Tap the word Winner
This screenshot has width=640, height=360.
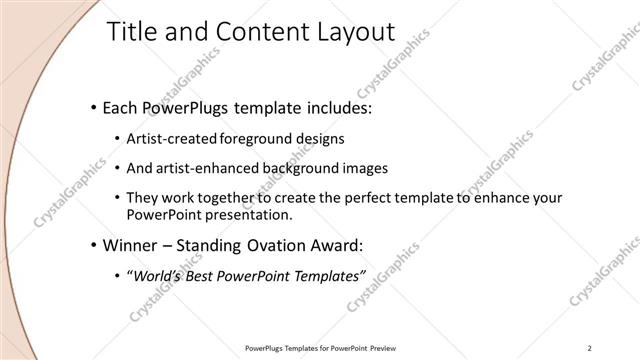click(129, 245)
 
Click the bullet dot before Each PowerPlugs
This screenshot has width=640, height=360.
click(93, 106)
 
